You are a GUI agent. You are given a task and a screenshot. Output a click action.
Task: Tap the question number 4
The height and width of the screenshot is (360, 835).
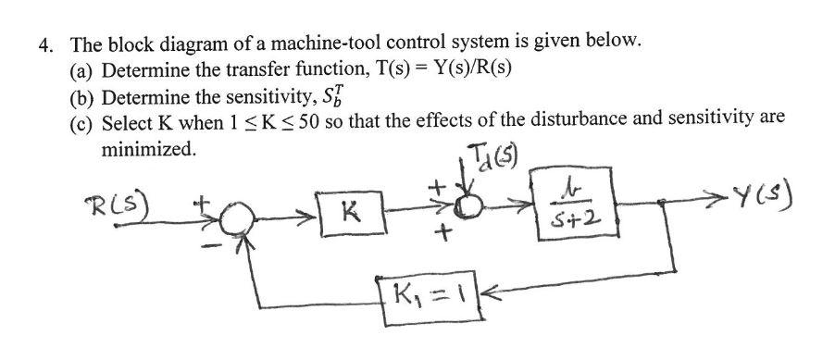click(x=43, y=41)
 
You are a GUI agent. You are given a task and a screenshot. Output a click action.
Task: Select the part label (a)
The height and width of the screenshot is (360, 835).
click(x=81, y=69)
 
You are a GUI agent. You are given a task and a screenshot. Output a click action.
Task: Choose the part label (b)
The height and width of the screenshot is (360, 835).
click(x=81, y=96)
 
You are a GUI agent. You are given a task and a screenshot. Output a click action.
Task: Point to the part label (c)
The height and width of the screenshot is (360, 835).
click(x=81, y=122)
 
